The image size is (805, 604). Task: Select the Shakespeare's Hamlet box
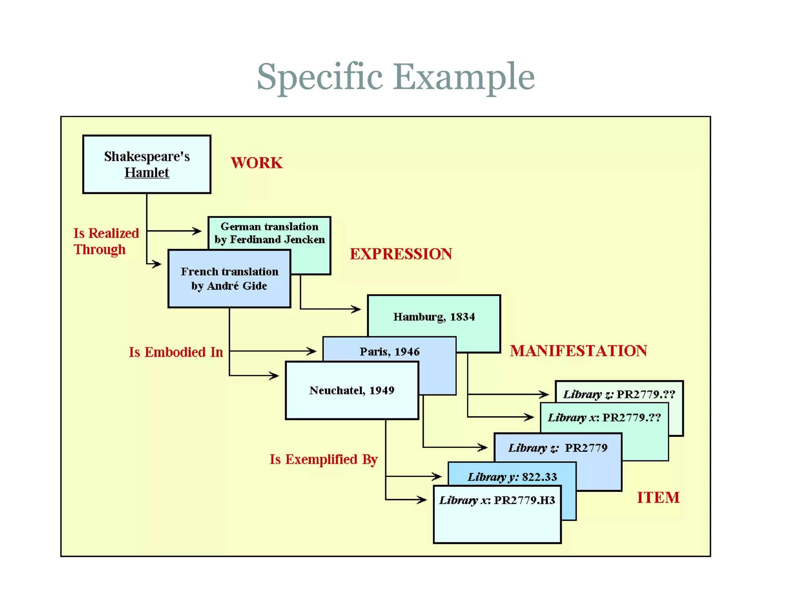[147, 164]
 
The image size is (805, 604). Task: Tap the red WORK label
[256, 163]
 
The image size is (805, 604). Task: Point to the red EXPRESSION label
[401, 254]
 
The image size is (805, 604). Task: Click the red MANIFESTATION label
[578, 351]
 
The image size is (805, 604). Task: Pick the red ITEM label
[658, 497]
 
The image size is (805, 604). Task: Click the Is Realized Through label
[106, 241]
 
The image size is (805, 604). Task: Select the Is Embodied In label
[176, 352]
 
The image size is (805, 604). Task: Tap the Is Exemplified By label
[323, 459]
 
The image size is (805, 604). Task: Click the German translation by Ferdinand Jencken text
[270, 233]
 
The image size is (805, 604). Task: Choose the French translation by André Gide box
[229, 278]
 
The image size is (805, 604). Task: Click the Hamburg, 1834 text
[434, 317]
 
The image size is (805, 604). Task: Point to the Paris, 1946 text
[389, 351]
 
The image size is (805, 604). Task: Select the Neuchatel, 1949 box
[352, 390]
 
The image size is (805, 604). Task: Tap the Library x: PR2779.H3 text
[497, 500]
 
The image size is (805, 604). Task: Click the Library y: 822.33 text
[512, 477]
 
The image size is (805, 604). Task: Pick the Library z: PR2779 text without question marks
[558, 448]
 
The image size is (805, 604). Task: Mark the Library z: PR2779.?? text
[619, 394]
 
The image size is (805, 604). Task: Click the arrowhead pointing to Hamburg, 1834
[357, 309]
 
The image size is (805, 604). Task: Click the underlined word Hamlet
[147, 173]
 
